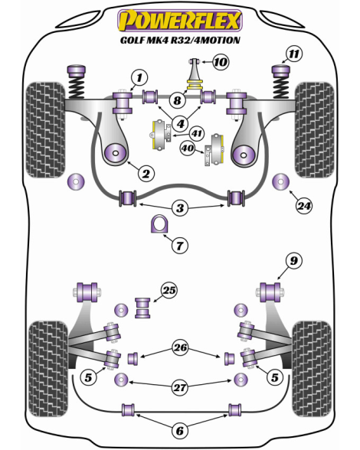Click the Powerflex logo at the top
180,21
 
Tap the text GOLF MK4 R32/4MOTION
180,40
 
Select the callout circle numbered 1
139,77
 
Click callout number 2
146,173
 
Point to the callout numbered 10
221,62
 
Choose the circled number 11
294,54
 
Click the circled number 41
197,133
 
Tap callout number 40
188,148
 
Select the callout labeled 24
304,206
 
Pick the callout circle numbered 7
179,246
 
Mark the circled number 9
294,261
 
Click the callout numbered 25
169,291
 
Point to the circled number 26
180,347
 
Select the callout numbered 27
180,388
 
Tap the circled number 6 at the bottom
179,430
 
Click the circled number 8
177,100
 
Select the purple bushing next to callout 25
142,308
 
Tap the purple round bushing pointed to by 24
280,181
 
